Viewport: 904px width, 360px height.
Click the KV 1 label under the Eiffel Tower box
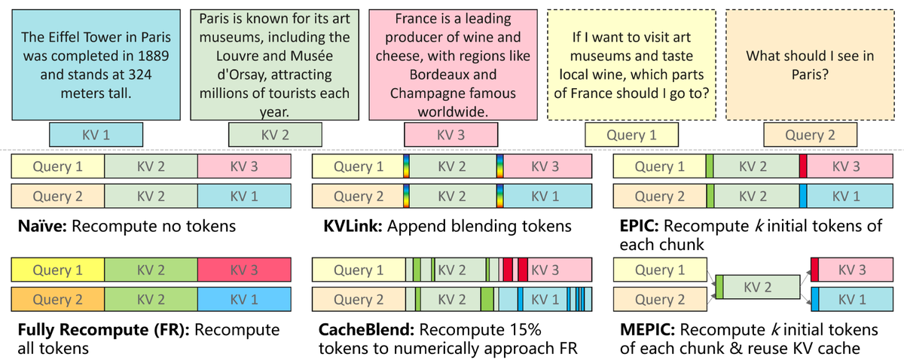tap(96, 135)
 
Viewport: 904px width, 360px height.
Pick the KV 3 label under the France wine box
tap(451, 135)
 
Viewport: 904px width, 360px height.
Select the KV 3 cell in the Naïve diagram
tap(244, 167)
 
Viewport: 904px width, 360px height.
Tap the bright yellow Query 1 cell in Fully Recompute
tap(57, 270)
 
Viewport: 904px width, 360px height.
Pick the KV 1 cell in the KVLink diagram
tap(550, 197)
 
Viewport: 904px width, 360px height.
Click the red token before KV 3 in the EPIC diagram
tap(803, 167)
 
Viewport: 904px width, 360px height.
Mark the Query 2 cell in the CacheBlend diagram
tap(359, 300)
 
